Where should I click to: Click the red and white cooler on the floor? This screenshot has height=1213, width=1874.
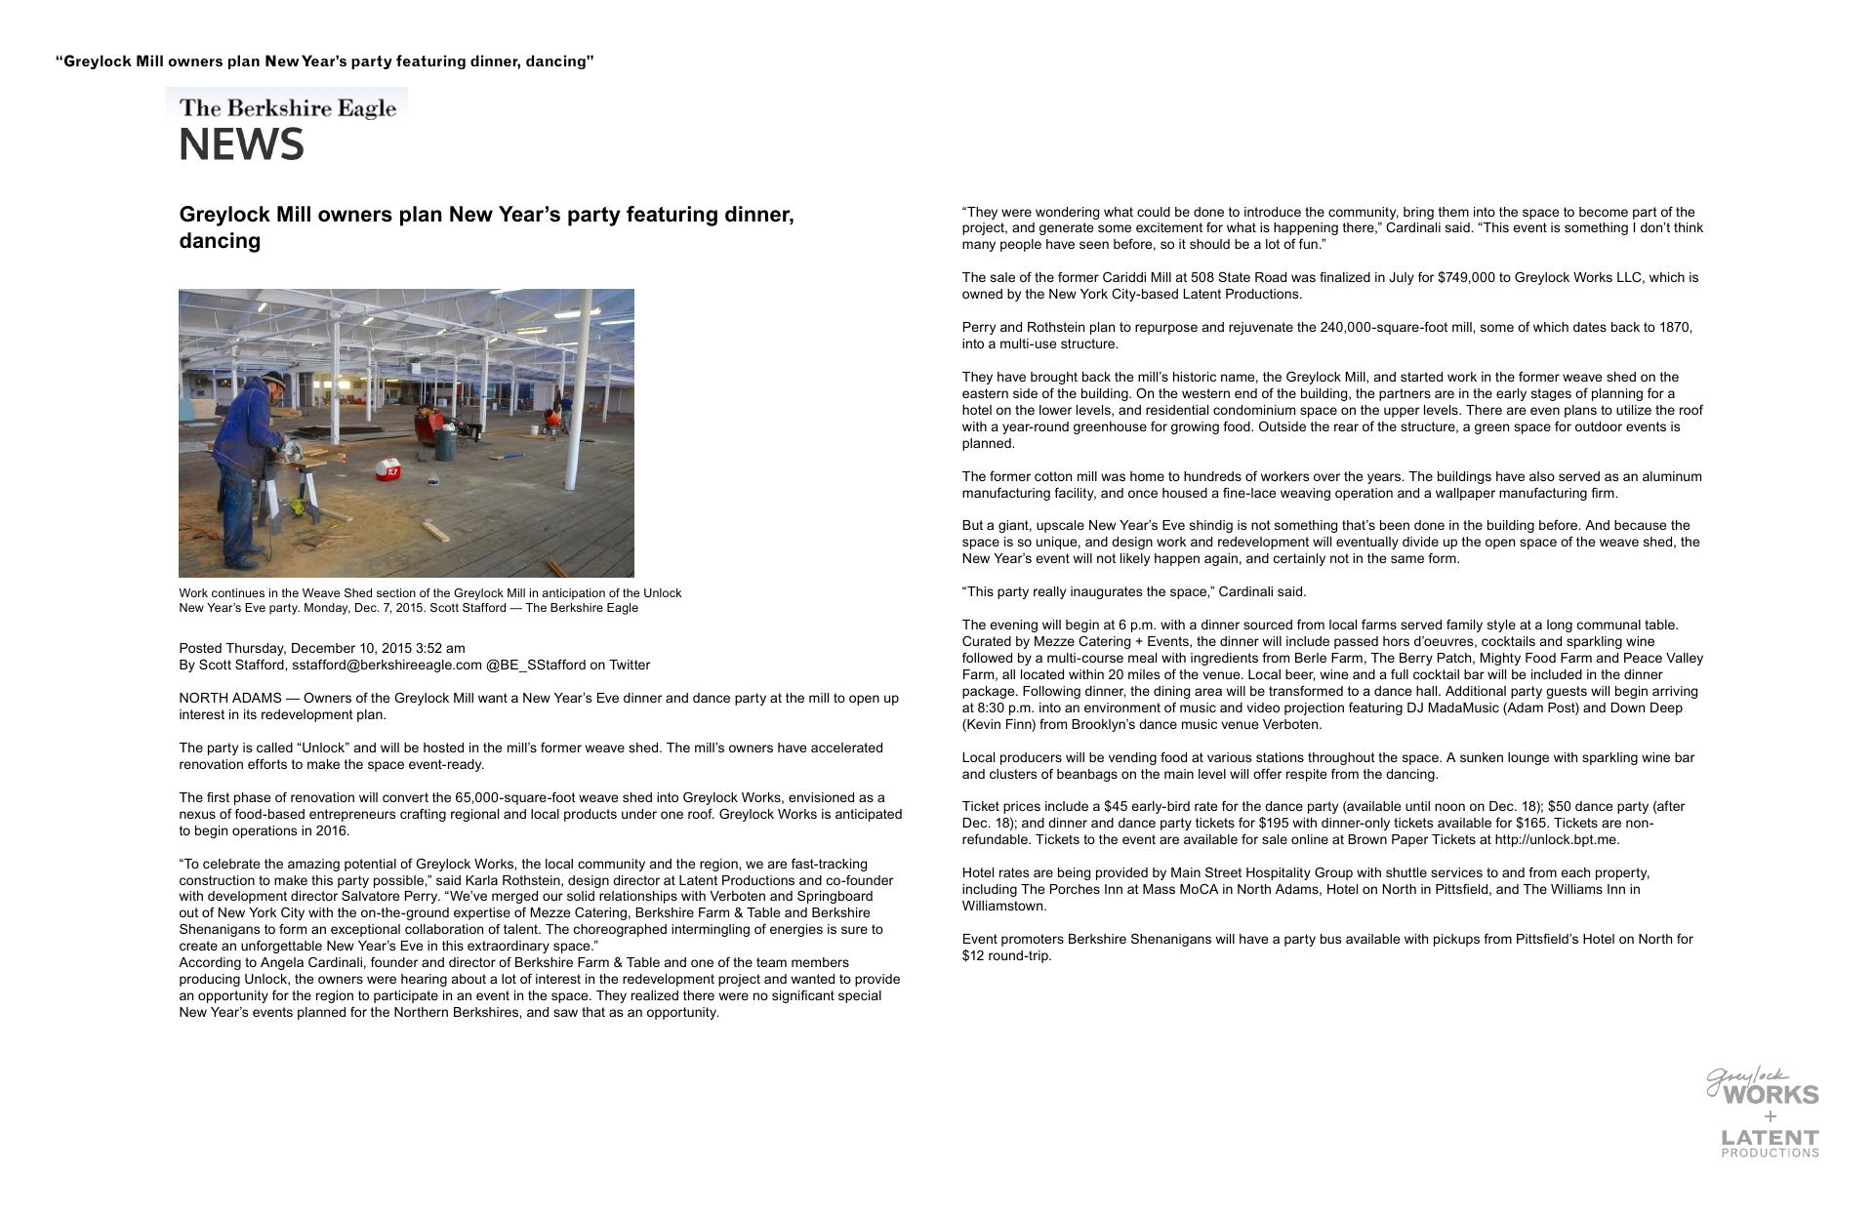[387, 470]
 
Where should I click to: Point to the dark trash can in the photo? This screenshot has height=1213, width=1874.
[445, 444]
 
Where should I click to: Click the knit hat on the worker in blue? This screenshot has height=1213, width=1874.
[275, 380]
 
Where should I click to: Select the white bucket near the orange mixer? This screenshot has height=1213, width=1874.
[535, 429]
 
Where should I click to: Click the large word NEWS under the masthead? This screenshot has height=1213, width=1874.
[241, 145]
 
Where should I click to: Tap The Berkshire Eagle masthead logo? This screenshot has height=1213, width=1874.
[287, 107]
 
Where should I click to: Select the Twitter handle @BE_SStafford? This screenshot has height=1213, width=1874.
[535, 665]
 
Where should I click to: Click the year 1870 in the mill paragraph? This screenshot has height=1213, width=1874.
[1675, 328]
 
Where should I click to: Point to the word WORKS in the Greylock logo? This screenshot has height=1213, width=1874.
[1771, 1095]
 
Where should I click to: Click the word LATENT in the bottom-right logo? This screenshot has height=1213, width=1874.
[1770, 1138]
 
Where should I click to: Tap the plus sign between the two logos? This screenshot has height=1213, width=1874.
[1771, 1116]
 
